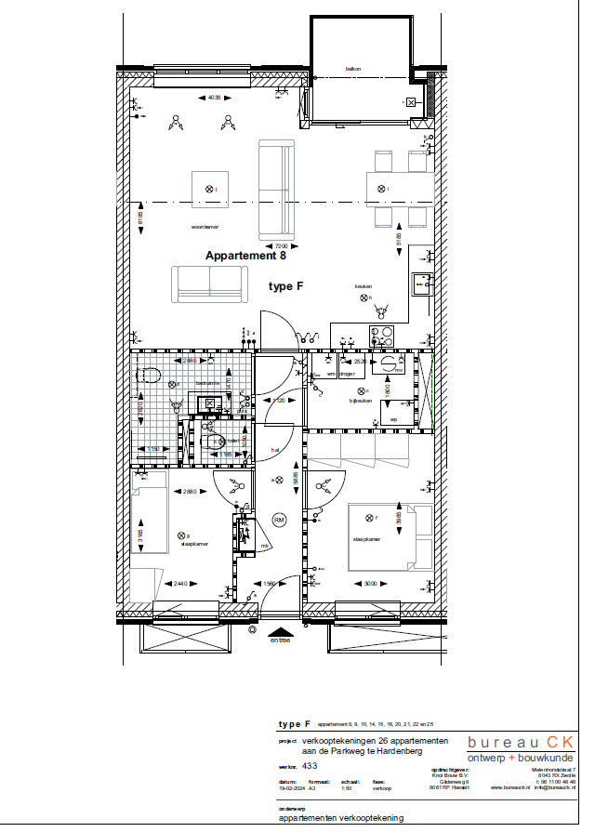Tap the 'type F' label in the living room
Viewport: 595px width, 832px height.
tap(286, 287)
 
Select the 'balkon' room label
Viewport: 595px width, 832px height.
tap(352, 69)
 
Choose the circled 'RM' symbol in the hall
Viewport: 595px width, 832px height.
tap(279, 520)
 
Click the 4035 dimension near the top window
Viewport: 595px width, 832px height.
tap(214, 98)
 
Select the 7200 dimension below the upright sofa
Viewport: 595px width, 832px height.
tap(280, 244)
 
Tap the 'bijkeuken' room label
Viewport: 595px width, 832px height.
tap(360, 402)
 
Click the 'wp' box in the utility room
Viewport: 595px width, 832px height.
tap(394, 419)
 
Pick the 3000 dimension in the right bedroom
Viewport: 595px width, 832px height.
tap(370, 584)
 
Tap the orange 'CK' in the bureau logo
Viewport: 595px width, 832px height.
tap(559, 742)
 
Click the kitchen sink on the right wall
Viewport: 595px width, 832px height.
tap(422, 283)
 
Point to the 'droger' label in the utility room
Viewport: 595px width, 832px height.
tap(348, 374)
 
